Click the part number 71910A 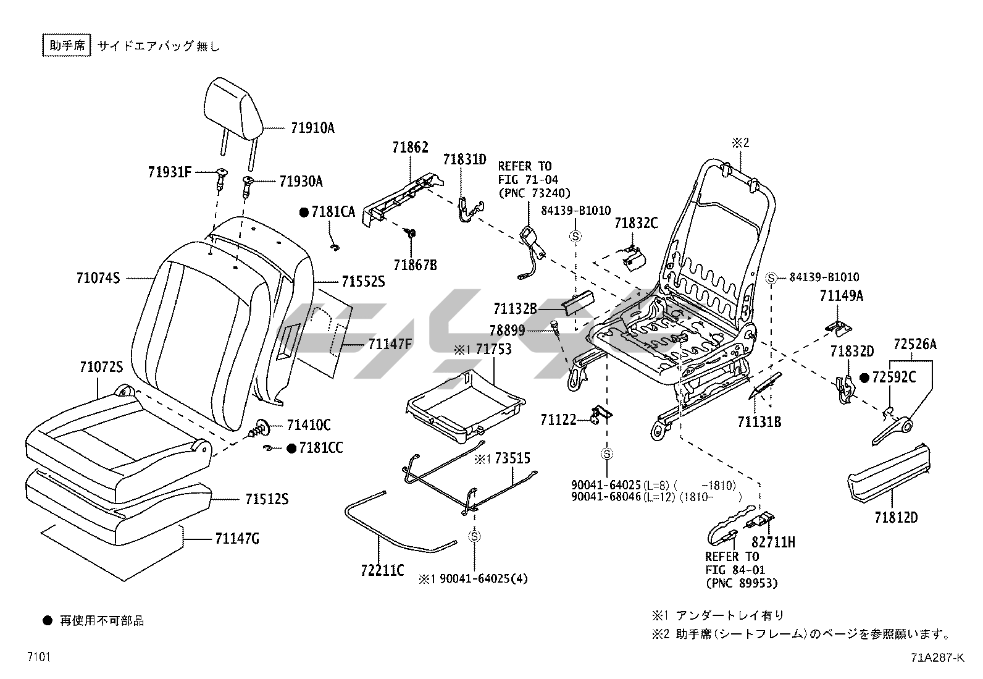(x=312, y=128)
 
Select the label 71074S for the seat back (x=98, y=279)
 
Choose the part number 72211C (x=383, y=570)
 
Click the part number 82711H (x=773, y=542)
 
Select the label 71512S (x=267, y=499)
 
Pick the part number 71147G (x=237, y=539)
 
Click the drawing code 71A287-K (x=937, y=657)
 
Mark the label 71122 (x=558, y=420)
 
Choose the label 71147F (x=390, y=344)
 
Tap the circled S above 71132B (x=575, y=235)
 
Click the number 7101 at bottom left (x=38, y=656)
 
